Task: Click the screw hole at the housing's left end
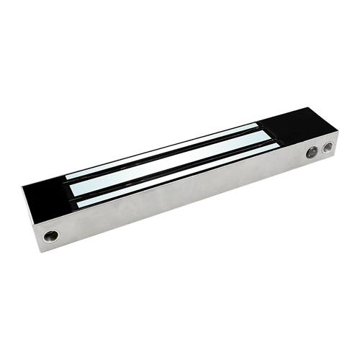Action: [50, 235]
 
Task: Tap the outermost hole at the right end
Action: [328, 148]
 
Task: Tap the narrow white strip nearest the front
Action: [173, 179]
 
